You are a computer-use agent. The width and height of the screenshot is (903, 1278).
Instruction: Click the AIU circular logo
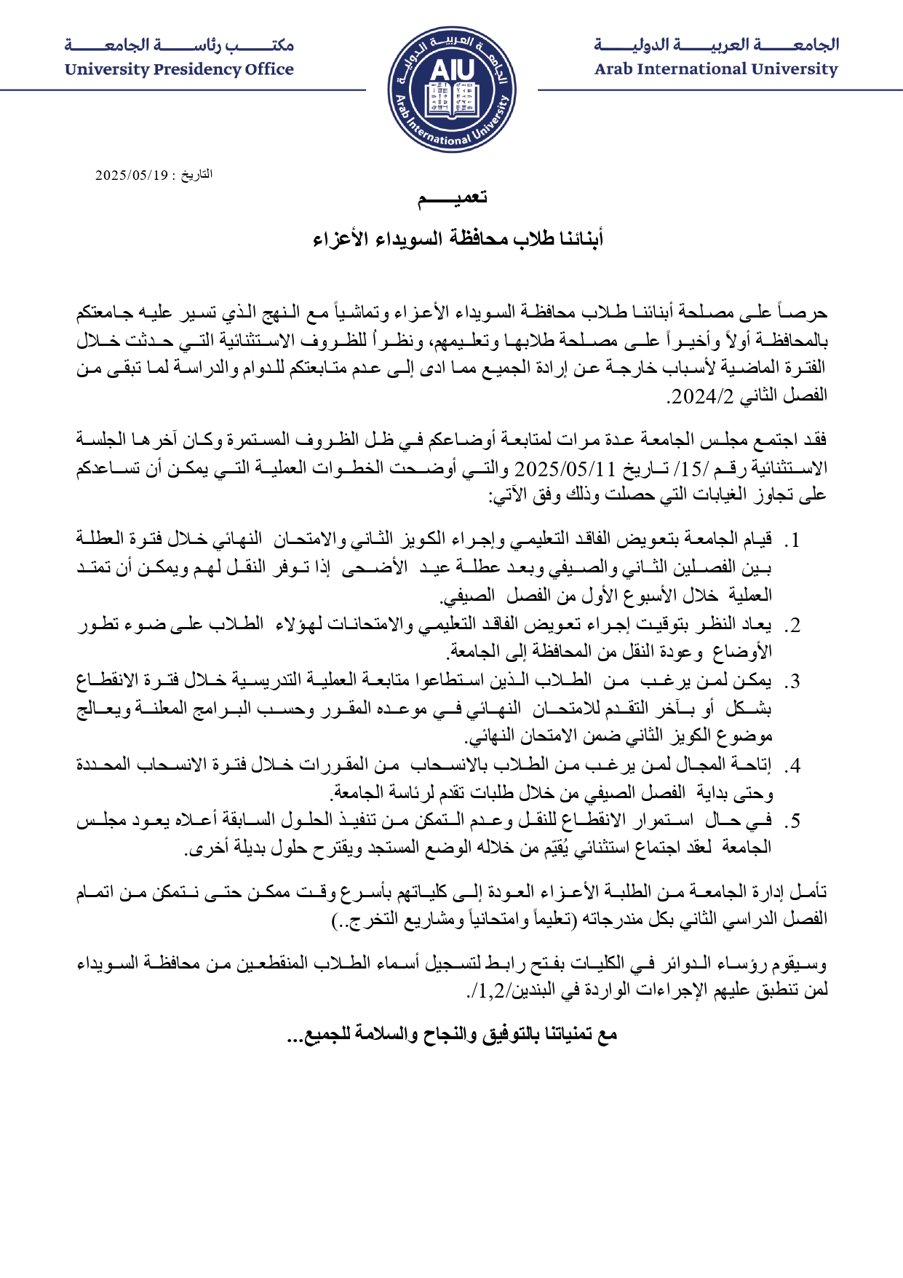[x=451, y=90]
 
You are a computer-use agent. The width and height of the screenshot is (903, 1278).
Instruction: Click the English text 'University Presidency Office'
[x=179, y=70]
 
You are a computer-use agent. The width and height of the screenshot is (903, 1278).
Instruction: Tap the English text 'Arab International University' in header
[x=716, y=70]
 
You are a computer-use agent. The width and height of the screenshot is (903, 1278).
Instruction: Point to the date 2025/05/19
[x=132, y=175]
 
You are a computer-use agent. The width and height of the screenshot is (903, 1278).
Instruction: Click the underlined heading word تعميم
[x=451, y=198]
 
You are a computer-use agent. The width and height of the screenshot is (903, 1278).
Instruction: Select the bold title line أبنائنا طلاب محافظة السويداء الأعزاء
[x=458, y=239]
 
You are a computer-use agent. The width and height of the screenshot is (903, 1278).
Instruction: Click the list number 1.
[x=794, y=541]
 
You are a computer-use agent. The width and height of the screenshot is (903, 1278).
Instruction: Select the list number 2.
[x=794, y=626]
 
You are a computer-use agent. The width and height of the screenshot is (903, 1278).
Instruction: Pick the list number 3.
[x=794, y=682]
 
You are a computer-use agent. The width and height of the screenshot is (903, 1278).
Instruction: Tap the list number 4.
[x=794, y=766]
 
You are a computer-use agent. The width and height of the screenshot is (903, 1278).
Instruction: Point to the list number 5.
[x=794, y=821]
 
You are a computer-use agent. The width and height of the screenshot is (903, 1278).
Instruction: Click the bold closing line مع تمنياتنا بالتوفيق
[x=452, y=1035]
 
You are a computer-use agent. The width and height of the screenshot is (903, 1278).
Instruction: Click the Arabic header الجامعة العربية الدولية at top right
[x=716, y=45]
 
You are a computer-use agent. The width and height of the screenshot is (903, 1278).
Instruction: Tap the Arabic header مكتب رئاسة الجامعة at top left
[x=179, y=45]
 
